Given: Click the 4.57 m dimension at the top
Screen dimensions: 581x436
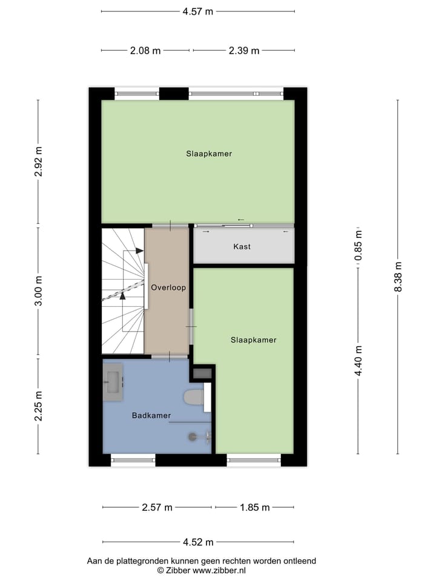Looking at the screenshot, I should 197,11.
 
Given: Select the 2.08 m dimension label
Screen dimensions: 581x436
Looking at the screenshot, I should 145,51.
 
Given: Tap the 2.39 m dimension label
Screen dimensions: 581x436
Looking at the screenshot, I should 244,51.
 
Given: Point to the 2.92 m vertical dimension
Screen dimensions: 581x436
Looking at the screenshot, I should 38,162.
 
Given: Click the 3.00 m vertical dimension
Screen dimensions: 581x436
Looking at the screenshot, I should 38,291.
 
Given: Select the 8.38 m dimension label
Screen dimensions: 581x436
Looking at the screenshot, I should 398,277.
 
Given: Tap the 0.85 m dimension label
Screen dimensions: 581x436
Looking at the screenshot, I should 358,246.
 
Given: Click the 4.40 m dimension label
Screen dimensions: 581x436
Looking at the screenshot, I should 358,361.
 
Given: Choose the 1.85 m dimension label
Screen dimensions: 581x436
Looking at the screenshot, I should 255,507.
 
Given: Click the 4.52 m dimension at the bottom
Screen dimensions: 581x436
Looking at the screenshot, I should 198,542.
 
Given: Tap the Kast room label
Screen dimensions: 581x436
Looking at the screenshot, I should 242,247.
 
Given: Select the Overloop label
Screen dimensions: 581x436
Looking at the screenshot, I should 168,287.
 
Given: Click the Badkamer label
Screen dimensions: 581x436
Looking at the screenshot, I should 151,416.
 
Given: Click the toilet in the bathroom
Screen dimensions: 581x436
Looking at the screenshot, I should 194,397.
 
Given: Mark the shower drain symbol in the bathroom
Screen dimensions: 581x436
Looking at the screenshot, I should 193,435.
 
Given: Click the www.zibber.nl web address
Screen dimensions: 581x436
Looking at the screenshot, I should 219,570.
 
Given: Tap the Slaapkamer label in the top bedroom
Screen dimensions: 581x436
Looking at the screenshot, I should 209,154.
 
